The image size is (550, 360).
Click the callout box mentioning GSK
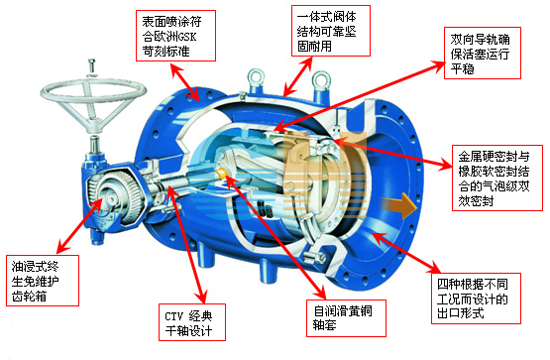tap(175, 36)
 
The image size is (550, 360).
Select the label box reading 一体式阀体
tap(331, 31)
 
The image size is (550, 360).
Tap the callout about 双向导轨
tap(483, 53)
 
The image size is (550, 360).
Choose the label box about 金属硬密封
tap(497, 178)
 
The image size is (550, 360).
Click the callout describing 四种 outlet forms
tap(476, 299)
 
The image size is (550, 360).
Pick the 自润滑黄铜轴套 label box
tap(346, 318)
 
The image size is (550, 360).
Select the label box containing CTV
tap(192, 322)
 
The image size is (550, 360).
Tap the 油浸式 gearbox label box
tap(43, 281)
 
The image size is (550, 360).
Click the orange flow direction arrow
tap(398, 204)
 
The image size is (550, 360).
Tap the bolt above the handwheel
tap(92, 66)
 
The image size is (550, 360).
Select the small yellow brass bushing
tap(222, 173)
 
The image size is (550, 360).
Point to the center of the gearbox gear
tap(112, 199)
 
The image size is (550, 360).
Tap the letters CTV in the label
tap(173, 316)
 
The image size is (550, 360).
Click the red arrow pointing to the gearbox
tap(79, 226)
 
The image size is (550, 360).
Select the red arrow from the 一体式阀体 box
tap(298, 76)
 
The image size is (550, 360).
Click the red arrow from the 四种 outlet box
tap(406, 252)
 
